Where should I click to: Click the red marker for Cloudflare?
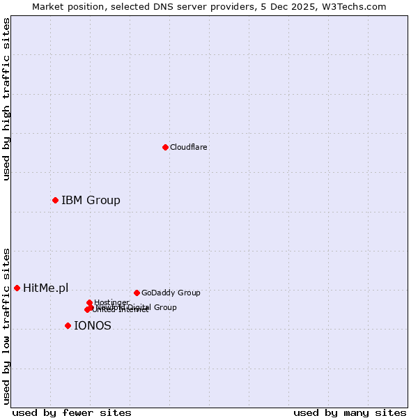(165, 147)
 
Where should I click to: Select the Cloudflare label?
(189, 147)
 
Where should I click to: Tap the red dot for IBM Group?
(55, 201)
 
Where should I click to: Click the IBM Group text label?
(91, 201)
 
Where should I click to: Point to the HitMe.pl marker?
(17, 288)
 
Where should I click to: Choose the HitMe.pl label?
(46, 288)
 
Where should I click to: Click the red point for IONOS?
(68, 325)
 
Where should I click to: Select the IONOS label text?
(93, 325)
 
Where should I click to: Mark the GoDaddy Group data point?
(137, 293)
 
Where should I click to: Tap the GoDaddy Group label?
(171, 293)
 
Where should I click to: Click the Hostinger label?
(111, 302)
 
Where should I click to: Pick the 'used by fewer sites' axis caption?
(72, 412)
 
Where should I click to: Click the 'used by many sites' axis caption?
(350, 412)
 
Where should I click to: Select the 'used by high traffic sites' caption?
(6, 99)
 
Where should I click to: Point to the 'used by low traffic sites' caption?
(6, 326)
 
